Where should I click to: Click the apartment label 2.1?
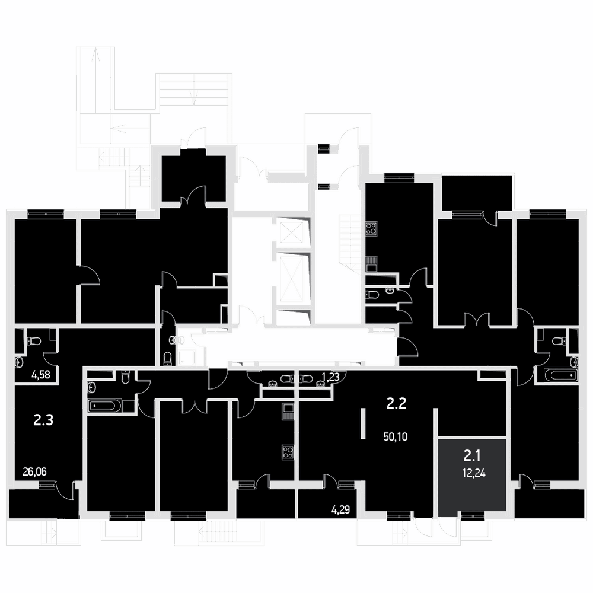point(472,456)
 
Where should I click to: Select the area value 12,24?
point(473,473)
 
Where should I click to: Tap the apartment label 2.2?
point(396,404)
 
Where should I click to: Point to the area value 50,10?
point(395,437)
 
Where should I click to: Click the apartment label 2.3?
point(43,420)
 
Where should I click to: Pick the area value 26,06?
point(35,471)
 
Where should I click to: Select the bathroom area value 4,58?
point(41,376)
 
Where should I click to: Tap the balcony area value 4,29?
point(341,510)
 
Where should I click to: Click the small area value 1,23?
point(330,377)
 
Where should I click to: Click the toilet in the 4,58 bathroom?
point(34,341)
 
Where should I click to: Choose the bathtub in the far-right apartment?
point(561,375)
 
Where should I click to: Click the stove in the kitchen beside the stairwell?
point(371,229)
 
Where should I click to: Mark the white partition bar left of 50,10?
point(363,423)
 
